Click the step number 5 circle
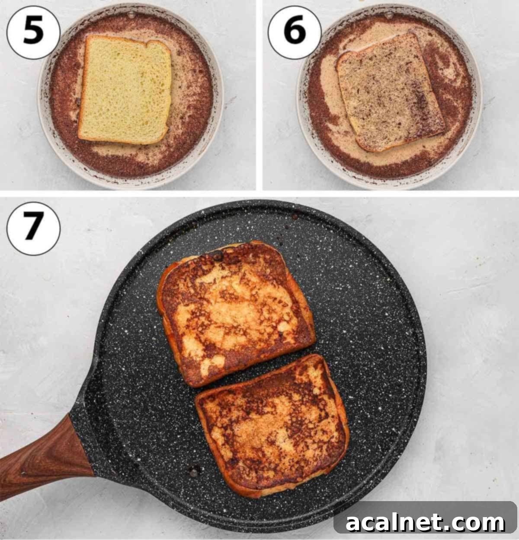(x=33, y=33)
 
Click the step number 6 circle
(x=295, y=33)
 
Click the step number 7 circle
(x=33, y=228)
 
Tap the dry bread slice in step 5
(x=125, y=90)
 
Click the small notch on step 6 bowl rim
(x=388, y=15)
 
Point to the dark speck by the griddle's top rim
(x=295, y=216)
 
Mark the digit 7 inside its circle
(x=33, y=228)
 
